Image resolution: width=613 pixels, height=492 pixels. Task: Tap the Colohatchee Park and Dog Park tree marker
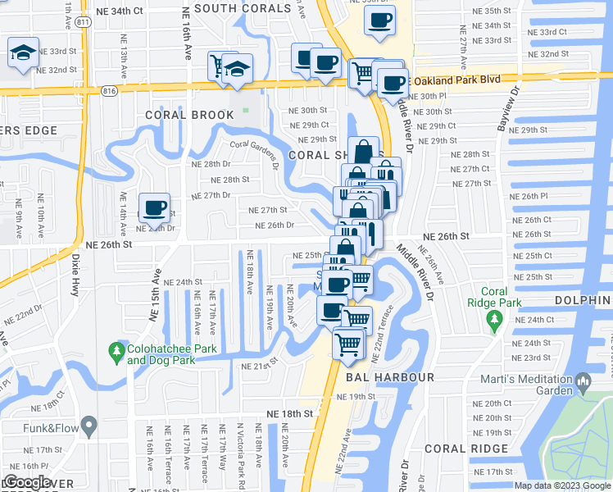click(116, 353)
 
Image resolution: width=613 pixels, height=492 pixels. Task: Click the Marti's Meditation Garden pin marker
click(583, 382)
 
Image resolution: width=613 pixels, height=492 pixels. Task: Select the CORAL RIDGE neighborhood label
click(468, 449)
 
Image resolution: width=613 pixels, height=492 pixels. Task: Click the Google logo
click(27, 482)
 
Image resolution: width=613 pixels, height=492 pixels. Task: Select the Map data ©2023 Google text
click(561, 485)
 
